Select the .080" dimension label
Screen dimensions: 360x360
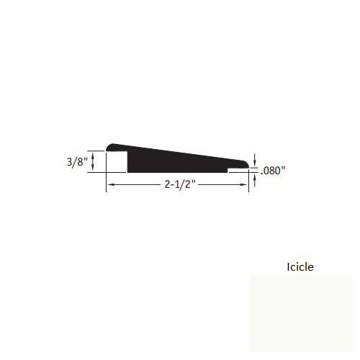[x=274, y=171]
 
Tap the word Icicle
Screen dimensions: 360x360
[x=300, y=266]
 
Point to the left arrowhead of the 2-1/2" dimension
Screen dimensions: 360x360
[x=110, y=185]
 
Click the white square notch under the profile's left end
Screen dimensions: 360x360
[x=117, y=162]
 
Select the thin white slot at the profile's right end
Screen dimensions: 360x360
[x=237, y=171]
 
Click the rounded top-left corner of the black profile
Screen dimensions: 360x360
[x=109, y=146]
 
